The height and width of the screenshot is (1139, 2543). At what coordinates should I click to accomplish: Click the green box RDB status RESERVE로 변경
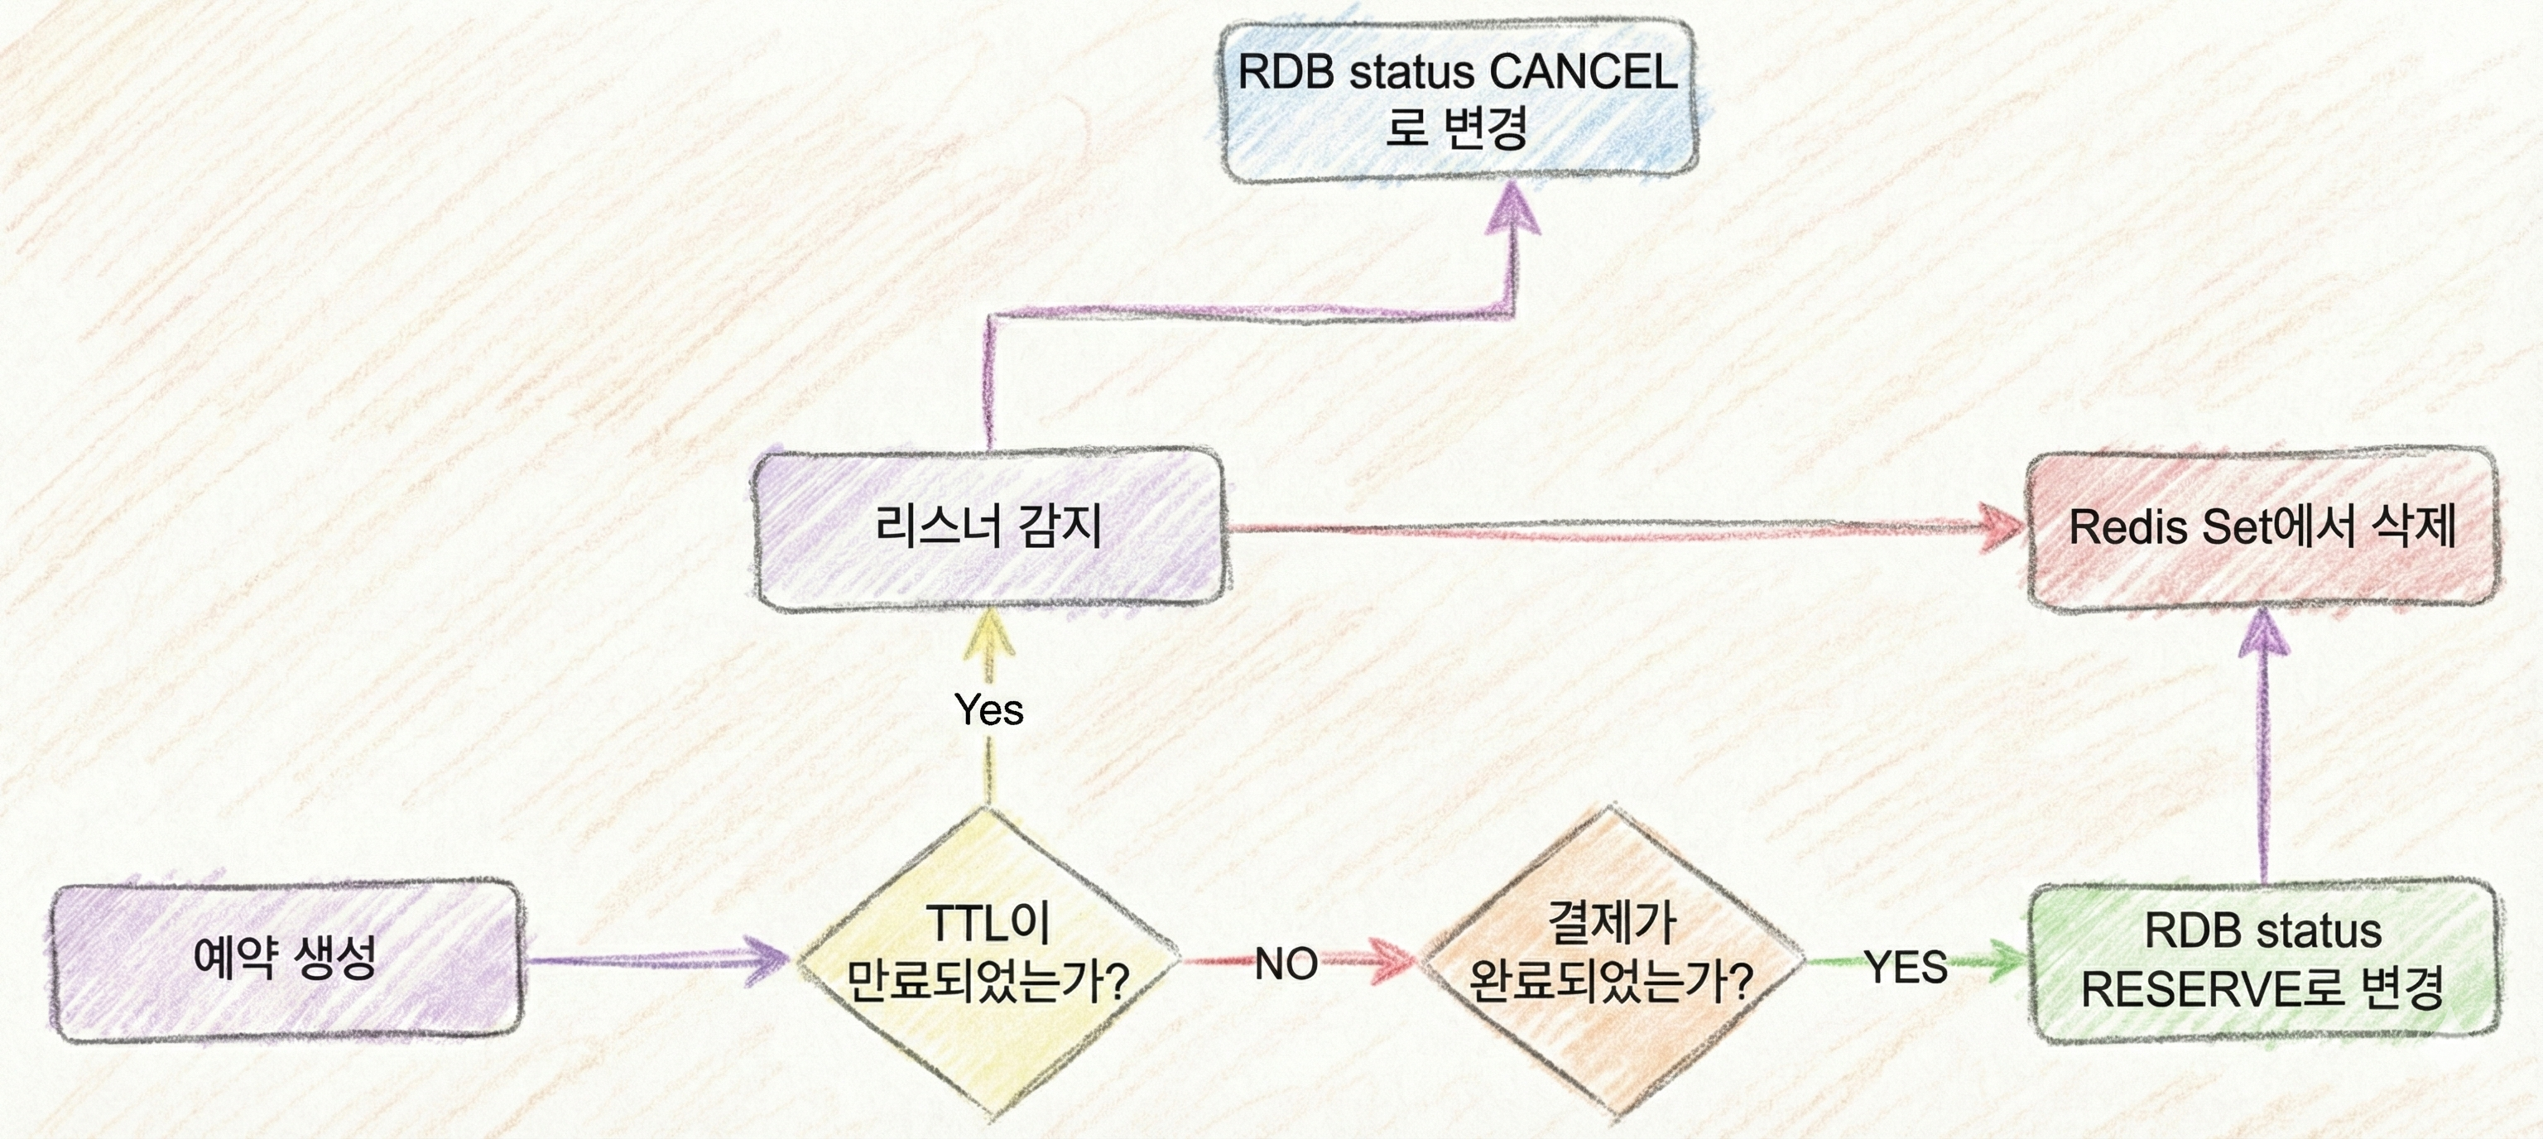tap(2262, 959)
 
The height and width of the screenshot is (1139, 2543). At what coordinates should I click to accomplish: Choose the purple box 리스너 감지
tap(988, 528)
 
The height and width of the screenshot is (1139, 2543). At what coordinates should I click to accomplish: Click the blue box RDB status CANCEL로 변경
tap(1458, 99)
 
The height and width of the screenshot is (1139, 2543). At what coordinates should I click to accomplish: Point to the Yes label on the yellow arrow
tap(989, 709)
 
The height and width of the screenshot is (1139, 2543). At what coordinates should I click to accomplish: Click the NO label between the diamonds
tap(1286, 964)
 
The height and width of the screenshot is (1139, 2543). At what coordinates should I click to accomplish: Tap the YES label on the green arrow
tap(1906, 968)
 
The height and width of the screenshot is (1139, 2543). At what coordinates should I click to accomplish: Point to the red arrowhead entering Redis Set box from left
tap(1999, 525)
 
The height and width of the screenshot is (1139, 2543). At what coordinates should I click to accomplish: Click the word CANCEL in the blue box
tap(1583, 72)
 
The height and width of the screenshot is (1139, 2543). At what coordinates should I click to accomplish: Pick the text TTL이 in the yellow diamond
tap(988, 924)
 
